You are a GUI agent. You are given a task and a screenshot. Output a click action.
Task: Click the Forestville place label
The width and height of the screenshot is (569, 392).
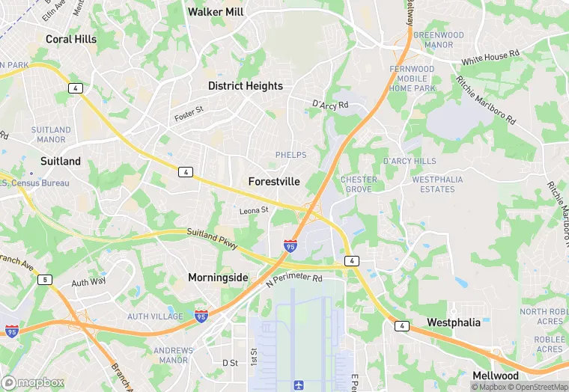click(274, 182)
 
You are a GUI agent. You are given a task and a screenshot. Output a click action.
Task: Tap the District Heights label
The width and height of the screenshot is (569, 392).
click(246, 86)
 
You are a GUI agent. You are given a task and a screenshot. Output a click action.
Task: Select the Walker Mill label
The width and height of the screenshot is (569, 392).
click(216, 12)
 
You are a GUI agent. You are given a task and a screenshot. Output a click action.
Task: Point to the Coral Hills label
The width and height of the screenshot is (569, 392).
click(71, 39)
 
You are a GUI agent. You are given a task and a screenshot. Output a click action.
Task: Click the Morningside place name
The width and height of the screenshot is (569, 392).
click(218, 278)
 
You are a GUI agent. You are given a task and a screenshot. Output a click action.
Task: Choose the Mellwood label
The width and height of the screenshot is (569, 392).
click(496, 376)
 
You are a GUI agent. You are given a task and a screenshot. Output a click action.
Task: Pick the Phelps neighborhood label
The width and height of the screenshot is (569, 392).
click(290, 155)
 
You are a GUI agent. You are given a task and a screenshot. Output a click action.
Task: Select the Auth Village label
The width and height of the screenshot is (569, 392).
click(155, 316)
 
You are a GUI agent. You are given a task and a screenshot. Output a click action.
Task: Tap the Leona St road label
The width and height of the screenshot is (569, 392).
click(253, 211)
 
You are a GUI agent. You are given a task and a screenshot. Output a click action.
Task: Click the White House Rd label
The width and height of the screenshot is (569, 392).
click(490, 57)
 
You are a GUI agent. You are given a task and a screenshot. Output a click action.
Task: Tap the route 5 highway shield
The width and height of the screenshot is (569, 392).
click(46, 280)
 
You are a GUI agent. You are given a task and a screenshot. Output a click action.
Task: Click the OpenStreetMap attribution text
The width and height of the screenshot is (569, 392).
click(538, 387)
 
